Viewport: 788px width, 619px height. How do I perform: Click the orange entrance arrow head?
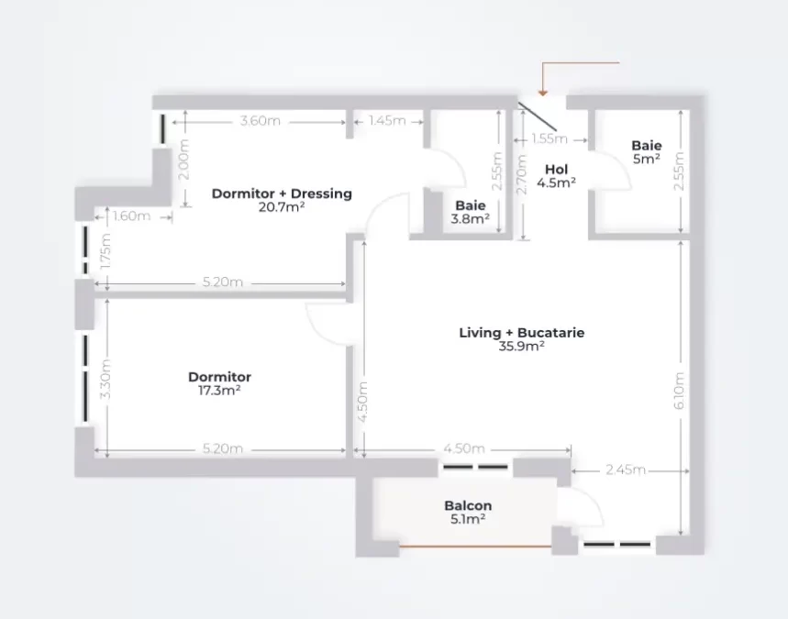pyautogui.click(x=542, y=93)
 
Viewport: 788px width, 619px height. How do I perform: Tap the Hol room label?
pyautogui.click(x=556, y=170)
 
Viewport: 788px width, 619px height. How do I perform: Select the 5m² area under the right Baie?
pyautogui.click(x=647, y=160)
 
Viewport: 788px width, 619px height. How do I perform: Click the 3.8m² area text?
pyautogui.click(x=471, y=219)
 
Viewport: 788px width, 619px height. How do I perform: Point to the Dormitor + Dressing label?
pyautogui.click(x=282, y=193)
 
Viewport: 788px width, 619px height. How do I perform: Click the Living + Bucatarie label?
pyautogui.click(x=522, y=333)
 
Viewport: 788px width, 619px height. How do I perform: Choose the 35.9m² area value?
pyautogui.click(x=522, y=346)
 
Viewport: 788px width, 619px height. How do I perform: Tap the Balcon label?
pyautogui.click(x=468, y=505)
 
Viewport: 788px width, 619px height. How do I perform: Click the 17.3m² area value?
pyautogui.click(x=219, y=391)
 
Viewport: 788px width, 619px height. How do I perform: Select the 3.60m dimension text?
pyautogui.click(x=260, y=121)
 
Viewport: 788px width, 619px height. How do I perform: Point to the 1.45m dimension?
pyautogui.click(x=387, y=121)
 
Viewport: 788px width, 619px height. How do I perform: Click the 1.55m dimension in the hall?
pyautogui.click(x=549, y=139)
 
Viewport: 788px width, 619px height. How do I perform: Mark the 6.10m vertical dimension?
pyautogui.click(x=679, y=391)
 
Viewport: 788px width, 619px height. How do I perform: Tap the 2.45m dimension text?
pyautogui.click(x=626, y=470)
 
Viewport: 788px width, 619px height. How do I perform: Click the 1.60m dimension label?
pyautogui.click(x=131, y=216)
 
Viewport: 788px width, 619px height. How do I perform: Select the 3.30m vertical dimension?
pyautogui.click(x=105, y=379)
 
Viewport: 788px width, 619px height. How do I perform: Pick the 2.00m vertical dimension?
pyautogui.click(x=184, y=160)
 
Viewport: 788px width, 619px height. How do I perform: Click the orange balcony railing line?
pyautogui.click(x=475, y=546)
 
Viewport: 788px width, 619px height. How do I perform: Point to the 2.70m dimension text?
pyautogui.click(x=522, y=174)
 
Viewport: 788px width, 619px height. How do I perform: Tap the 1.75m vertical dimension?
pyautogui.click(x=105, y=251)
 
